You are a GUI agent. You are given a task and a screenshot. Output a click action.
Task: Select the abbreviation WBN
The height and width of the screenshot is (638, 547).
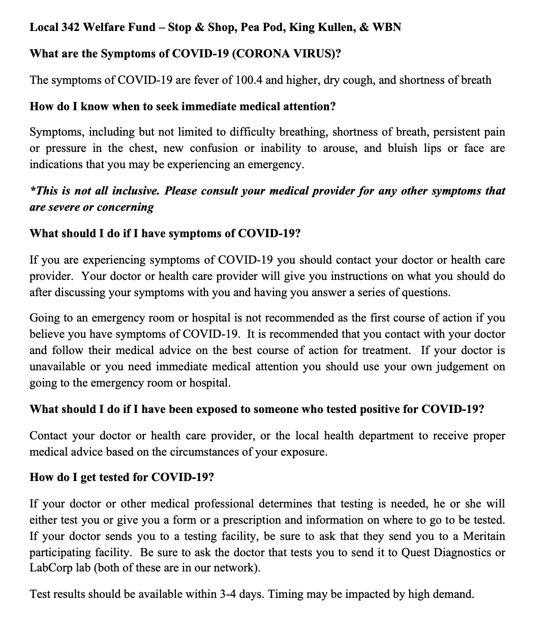[x=387, y=27]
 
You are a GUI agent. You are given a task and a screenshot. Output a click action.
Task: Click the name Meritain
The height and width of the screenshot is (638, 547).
[x=484, y=536]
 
